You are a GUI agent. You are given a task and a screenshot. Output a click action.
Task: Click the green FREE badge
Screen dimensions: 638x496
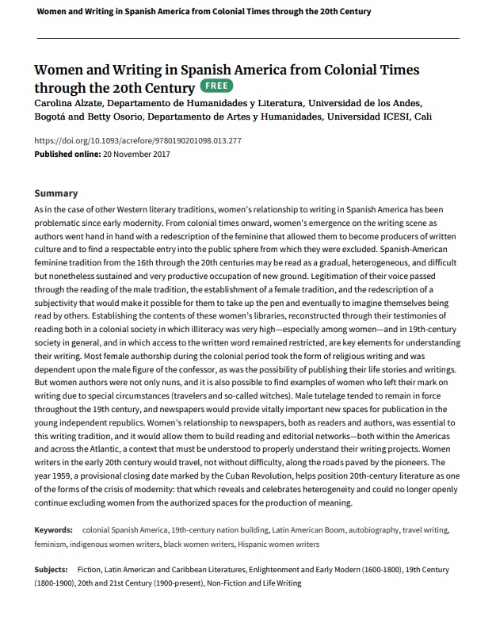point(216,86)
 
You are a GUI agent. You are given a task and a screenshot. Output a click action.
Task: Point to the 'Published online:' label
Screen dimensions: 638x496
point(68,154)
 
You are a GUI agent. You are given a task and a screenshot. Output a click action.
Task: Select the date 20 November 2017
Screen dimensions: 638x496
point(137,154)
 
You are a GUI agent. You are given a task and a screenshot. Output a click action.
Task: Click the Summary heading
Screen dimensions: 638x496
point(55,193)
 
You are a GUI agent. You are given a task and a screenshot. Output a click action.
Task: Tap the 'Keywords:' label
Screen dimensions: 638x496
point(53,529)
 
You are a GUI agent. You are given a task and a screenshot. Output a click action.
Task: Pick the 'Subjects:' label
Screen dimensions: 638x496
point(51,570)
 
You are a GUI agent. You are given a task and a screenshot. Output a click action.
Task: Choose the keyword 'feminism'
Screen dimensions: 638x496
point(51,544)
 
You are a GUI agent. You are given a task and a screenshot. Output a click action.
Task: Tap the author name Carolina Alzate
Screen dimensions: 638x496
point(69,104)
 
